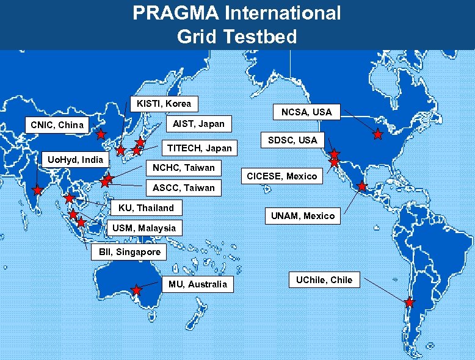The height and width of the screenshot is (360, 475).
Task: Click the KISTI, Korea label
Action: tap(164, 104)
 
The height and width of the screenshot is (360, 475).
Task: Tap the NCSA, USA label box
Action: tap(306, 112)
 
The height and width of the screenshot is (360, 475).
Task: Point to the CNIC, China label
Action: tap(57, 125)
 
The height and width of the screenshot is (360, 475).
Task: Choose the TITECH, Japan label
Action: tap(200, 148)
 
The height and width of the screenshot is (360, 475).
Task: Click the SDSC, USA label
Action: tap(292, 140)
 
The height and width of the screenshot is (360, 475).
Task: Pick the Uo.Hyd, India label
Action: tap(76, 159)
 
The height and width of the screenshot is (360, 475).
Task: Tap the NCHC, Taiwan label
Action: tap(183, 167)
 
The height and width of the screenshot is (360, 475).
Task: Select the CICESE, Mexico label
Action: tap(281, 176)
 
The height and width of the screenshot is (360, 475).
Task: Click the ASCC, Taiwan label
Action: tap(184, 187)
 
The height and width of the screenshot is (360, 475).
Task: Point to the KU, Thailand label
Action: tap(146, 207)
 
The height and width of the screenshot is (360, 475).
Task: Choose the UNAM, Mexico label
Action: tap(303, 216)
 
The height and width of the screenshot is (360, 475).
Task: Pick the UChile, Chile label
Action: tap(324, 280)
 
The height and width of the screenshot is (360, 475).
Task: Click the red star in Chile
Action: tap(409, 302)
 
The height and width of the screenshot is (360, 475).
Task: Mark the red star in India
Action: tap(36, 190)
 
